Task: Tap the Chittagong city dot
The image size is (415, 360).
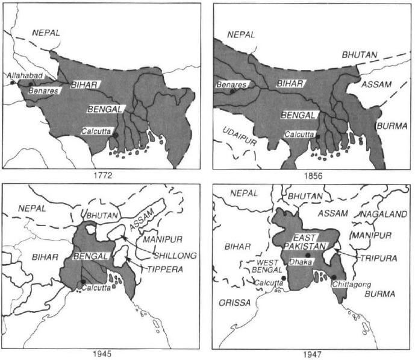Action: [333, 277]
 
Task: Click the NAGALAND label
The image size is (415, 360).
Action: [383, 214]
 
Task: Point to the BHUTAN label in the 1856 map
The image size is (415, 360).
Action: [360, 55]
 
